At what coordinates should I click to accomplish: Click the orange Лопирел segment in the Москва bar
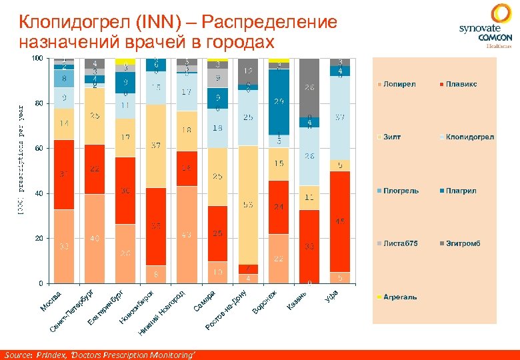tap(64, 246)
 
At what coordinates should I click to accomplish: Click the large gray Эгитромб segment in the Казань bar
tap(309, 87)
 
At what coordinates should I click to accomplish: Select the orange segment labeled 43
tap(187, 235)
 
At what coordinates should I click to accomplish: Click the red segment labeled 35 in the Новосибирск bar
tap(156, 226)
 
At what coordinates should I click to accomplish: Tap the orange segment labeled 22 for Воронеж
tap(279, 259)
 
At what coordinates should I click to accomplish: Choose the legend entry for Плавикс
tap(459, 85)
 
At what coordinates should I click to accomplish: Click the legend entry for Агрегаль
tap(399, 297)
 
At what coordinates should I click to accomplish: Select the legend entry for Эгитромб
tap(459, 243)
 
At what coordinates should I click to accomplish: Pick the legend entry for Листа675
tap(399, 243)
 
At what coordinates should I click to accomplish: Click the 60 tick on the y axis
tap(38, 148)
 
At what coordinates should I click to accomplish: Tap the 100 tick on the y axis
tap(37, 59)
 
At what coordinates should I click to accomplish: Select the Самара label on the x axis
tap(204, 300)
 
